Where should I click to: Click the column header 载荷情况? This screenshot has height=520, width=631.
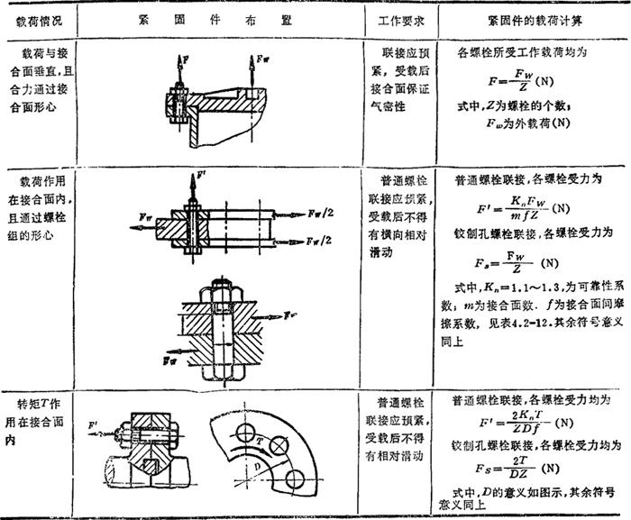coord(34,19)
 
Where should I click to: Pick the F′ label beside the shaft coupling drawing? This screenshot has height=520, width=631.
coord(95,422)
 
